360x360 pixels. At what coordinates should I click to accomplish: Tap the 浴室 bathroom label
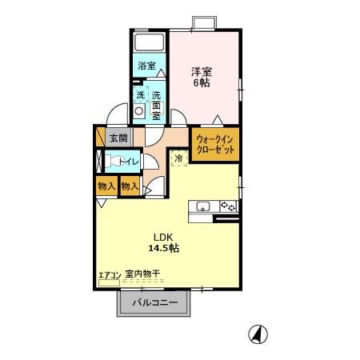146,66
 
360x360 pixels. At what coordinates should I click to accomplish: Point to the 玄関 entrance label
118,137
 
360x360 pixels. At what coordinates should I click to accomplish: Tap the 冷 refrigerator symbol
178,158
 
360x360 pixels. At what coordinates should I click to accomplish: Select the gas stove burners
228,206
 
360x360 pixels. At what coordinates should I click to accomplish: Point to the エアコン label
109,275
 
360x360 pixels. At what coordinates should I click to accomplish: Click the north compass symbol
258,334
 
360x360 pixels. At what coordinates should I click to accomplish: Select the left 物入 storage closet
106,186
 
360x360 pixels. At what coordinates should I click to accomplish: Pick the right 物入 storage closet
129,186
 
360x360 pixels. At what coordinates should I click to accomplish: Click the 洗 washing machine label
140,96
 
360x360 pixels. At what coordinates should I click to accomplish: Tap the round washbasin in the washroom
140,113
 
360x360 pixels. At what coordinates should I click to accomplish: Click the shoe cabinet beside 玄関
101,137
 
